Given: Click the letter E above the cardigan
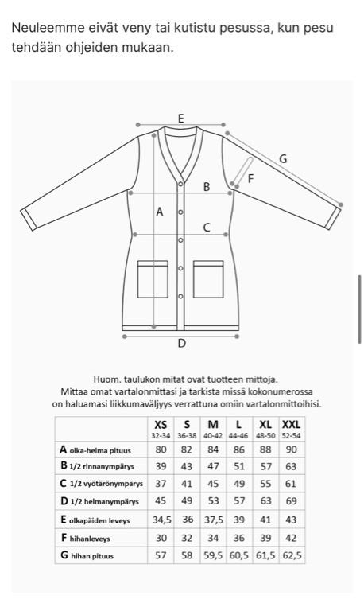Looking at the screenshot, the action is tap(180, 119).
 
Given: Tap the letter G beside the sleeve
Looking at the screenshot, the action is tap(282, 159).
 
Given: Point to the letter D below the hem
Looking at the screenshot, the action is tap(181, 344).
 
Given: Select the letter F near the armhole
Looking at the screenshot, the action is tap(250, 179).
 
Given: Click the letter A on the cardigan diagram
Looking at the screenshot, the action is tap(160, 212).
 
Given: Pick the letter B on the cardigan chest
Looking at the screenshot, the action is tap(207, 187).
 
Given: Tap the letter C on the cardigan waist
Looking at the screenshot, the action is tap(207, 228).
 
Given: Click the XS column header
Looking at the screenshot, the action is tap(161, 429).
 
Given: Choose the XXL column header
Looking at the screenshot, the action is tap(291, 429).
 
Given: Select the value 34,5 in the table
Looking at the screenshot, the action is tap(161, 520).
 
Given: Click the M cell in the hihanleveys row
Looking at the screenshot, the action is tap(213, 538).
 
